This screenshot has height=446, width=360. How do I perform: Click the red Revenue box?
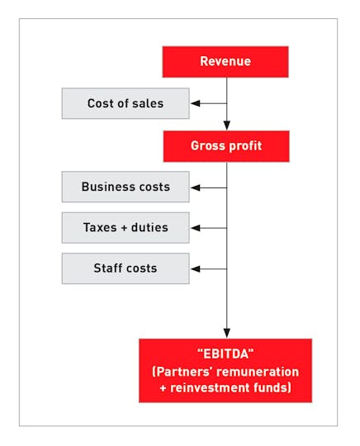(225, 62)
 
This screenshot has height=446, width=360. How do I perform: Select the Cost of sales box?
(126, 103)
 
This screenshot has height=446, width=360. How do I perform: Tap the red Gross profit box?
(226, 146)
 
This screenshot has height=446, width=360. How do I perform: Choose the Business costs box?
(126, 187)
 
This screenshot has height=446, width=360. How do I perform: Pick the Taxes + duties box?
(126, 228)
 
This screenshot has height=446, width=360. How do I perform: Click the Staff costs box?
(126, 268)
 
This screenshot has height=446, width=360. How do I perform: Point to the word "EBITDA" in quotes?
(225, 354)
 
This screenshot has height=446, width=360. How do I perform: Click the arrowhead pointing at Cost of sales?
(196, 103)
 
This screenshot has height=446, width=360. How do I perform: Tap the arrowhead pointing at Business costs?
(196, 187)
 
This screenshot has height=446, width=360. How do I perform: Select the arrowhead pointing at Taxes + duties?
(196, 228)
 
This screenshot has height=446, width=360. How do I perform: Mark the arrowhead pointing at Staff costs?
(196, 268)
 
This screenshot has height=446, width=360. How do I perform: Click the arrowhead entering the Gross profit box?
(226, 126)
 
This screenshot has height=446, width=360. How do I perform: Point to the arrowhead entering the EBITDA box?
(226, 334)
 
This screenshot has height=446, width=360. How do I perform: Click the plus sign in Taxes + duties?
(124, 228)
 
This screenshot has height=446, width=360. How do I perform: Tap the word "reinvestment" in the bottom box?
(210, 388)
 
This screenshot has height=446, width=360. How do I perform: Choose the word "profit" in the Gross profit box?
(245, 146)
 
